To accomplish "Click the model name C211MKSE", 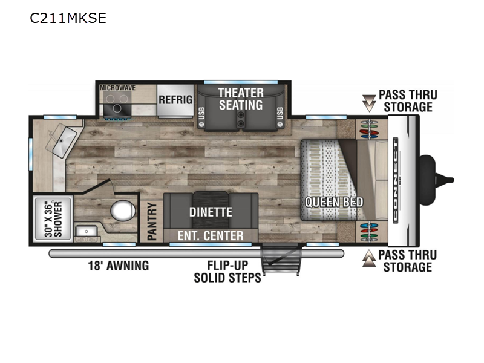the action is [68, 18].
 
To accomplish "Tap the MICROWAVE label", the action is [117, 88].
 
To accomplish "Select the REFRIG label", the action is [175, 100].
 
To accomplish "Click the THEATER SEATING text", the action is [241, 99].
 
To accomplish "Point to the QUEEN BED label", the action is [334, 202].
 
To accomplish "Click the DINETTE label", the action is [211, 212].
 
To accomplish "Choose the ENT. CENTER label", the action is [211, 236].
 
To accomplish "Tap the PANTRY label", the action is [152, 221].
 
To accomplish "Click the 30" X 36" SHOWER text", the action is [53, 219].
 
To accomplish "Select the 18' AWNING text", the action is [119, 266].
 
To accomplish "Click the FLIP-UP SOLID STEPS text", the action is [227, 272].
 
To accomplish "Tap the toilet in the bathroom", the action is [123, 211].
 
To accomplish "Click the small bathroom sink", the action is [87, 231].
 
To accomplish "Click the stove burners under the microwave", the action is [117, 103].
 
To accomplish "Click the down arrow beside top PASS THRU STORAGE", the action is [368, 103].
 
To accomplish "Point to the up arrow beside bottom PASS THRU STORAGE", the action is [369, 258].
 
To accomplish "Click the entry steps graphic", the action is [280, 259].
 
